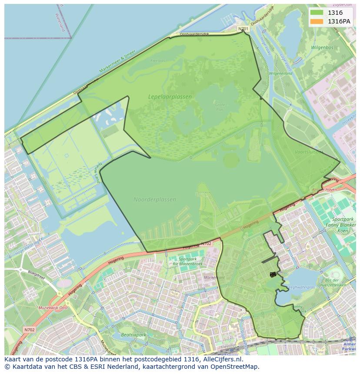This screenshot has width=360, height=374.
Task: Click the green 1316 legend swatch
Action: (317, 13)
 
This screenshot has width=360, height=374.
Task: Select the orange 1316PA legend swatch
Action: (317, 21)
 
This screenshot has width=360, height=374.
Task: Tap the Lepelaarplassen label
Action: (170, 97)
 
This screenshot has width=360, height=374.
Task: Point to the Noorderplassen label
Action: (155, 199)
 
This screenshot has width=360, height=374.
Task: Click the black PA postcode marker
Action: (273, 274)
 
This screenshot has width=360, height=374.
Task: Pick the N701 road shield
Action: (243, 29)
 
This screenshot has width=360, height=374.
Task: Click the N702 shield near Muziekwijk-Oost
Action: (29, 330)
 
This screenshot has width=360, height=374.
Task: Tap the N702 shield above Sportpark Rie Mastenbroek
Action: (206, 244)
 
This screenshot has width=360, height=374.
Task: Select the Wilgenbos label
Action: (322, 47)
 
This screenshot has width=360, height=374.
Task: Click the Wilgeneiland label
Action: (281, 73)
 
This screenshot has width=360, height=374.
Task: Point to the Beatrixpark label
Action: (133, 335)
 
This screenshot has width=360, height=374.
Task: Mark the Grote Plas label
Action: (220, 106)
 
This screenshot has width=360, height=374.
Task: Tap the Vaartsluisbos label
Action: (309, 152)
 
